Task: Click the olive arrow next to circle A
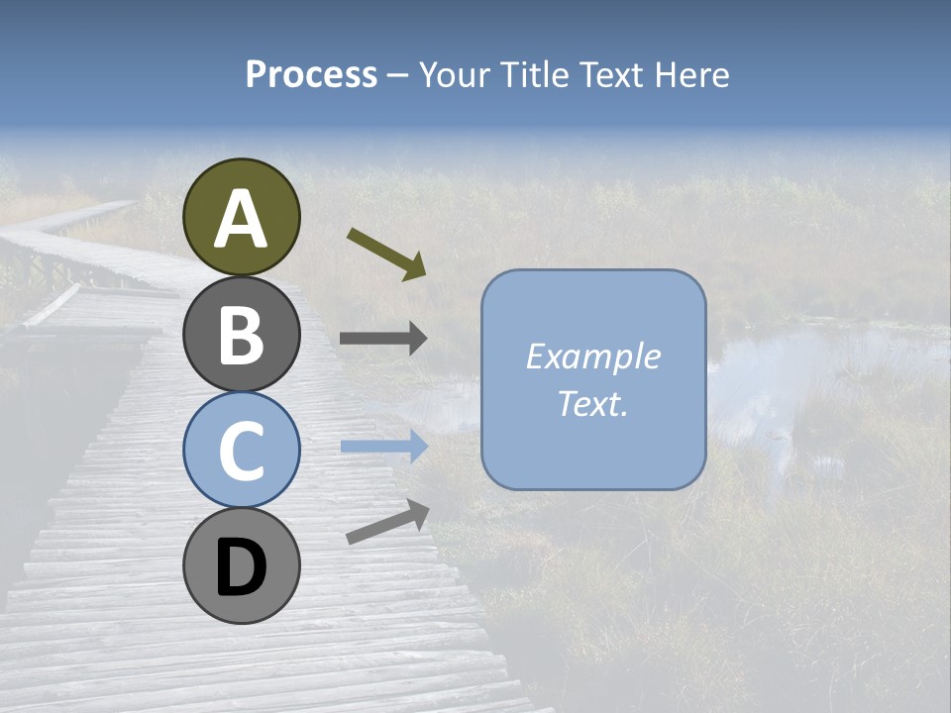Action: (386, 254)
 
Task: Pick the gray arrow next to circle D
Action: (387, 522)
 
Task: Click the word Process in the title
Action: (311, 75)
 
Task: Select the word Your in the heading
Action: (455, 75)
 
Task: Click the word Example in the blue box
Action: (593, 356)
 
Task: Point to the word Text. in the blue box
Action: (593, 404)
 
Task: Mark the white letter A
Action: (241, 219)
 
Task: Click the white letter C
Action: (241, 452)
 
